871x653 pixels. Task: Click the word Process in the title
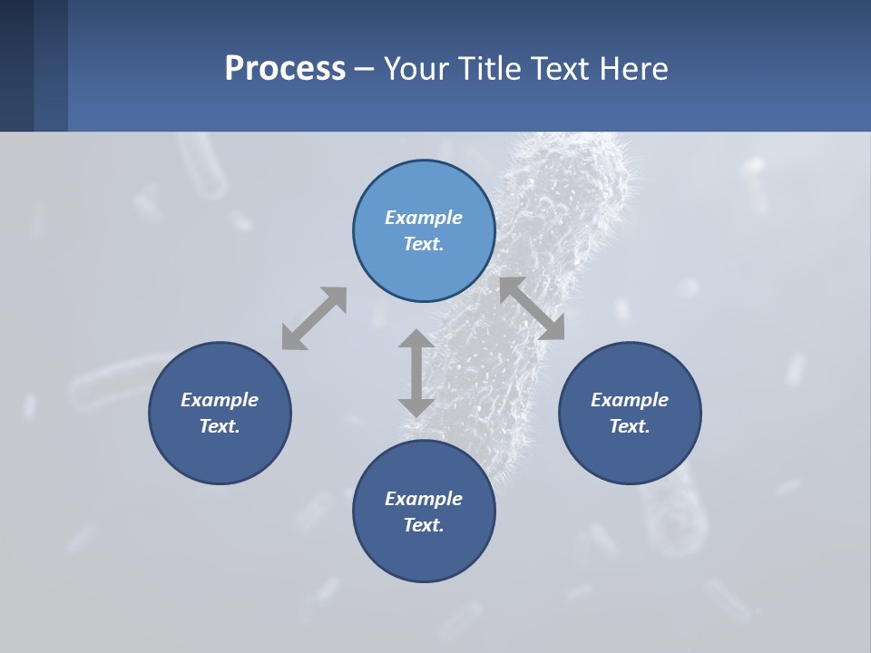click(x=285, y=68)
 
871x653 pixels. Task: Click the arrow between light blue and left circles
click(x=314, y=318)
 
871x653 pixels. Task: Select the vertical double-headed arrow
click(x=416, y=373)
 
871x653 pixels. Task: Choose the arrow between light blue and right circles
click(x=533, y=308)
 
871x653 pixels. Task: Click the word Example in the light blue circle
click(x=424, y=218)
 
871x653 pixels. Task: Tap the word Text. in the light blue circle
click(x=424, y=244)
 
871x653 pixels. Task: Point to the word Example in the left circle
click(x=220, y=400)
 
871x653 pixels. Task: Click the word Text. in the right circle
click(x=630, y=426)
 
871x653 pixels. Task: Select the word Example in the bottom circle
click(x=424, y=499)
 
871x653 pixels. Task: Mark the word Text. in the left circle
click(x=220, y=426)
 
